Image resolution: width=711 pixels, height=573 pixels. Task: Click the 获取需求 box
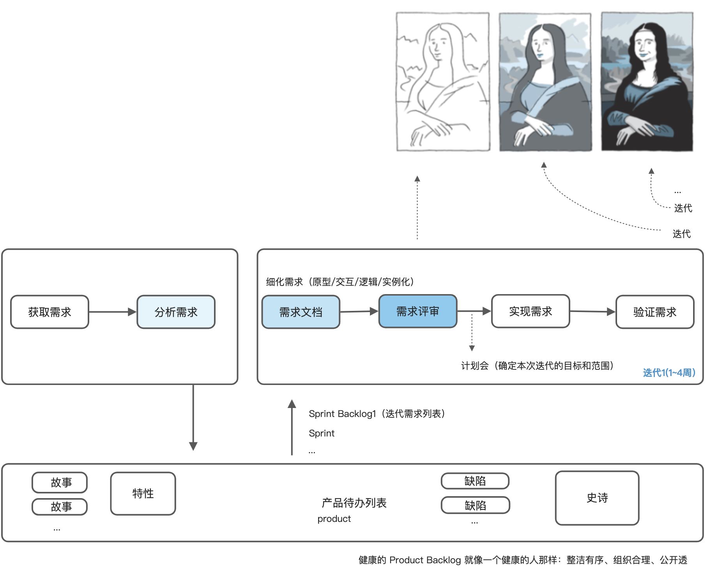coord(50,312)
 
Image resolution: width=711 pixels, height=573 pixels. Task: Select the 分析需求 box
coord(176,312)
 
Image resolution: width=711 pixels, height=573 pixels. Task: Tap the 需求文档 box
coord(301,312)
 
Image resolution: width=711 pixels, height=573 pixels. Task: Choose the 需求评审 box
coord(417,311)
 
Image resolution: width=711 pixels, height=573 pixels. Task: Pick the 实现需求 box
coord(531,311)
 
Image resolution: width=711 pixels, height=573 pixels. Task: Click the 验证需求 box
coord(654,312)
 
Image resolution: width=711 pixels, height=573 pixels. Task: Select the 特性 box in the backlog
coord(143,493)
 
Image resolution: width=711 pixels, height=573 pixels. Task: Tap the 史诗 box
coord(597,498)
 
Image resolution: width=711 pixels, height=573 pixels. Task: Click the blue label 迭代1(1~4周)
coord(669,373)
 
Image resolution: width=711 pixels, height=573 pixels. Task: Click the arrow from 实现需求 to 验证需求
coord(592,311)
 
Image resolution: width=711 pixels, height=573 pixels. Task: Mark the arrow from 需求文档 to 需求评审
coord(359,311)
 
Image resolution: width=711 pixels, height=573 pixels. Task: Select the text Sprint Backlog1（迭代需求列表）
coord(377,413)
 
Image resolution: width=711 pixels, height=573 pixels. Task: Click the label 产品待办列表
coord(354,503)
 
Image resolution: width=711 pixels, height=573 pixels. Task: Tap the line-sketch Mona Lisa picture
coord(443,82)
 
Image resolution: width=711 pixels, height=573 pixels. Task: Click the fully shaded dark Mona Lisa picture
coord(647,82)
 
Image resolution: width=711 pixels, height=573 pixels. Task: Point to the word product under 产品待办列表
coord(334,519)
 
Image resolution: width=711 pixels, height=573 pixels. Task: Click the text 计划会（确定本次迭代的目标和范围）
coord(537,365)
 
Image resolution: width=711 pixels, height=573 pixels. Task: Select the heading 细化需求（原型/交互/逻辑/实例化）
coord(340,282)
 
